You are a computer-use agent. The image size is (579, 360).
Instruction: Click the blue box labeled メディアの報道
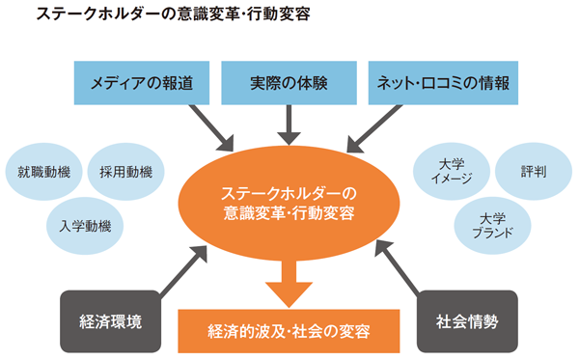[x=141, y=82]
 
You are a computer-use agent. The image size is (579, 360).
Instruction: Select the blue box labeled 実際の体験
[x=289, y=82]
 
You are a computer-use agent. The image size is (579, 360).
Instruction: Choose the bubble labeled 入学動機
[x=84, y=227]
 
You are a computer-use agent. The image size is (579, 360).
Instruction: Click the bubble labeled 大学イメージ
[x=451, y=174]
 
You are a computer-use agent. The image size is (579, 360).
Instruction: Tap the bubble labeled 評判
[x=534, y=174]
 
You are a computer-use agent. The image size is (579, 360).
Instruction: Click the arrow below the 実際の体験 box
[x=289, y=123]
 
